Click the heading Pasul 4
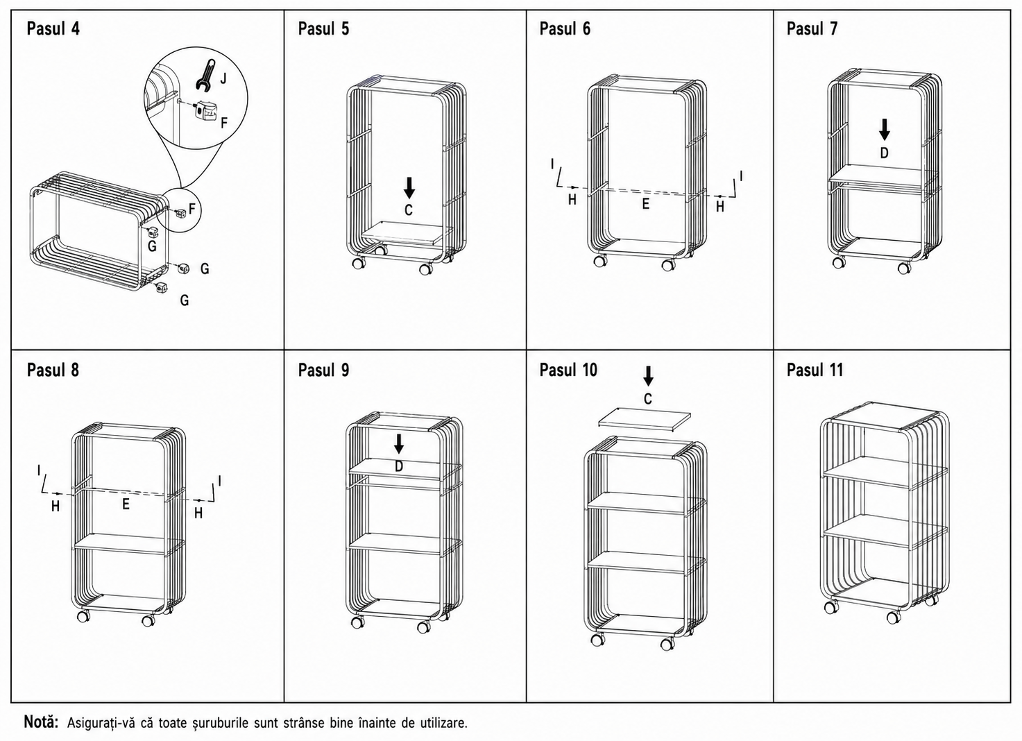(53, 28)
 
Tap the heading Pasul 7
(812, 28)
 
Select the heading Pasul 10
(568, 370)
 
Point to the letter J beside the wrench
(223, 79)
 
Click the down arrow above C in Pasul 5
(409, 187)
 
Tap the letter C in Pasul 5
(409, 210)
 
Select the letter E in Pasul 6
(645, 203)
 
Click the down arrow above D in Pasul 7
(884, 130)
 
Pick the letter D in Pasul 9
(399, 466)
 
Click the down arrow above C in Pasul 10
(648, 376)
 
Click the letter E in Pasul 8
(126, 504)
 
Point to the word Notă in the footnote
(41, 722)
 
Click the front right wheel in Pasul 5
(426, 269)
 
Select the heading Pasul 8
(53, 370)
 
